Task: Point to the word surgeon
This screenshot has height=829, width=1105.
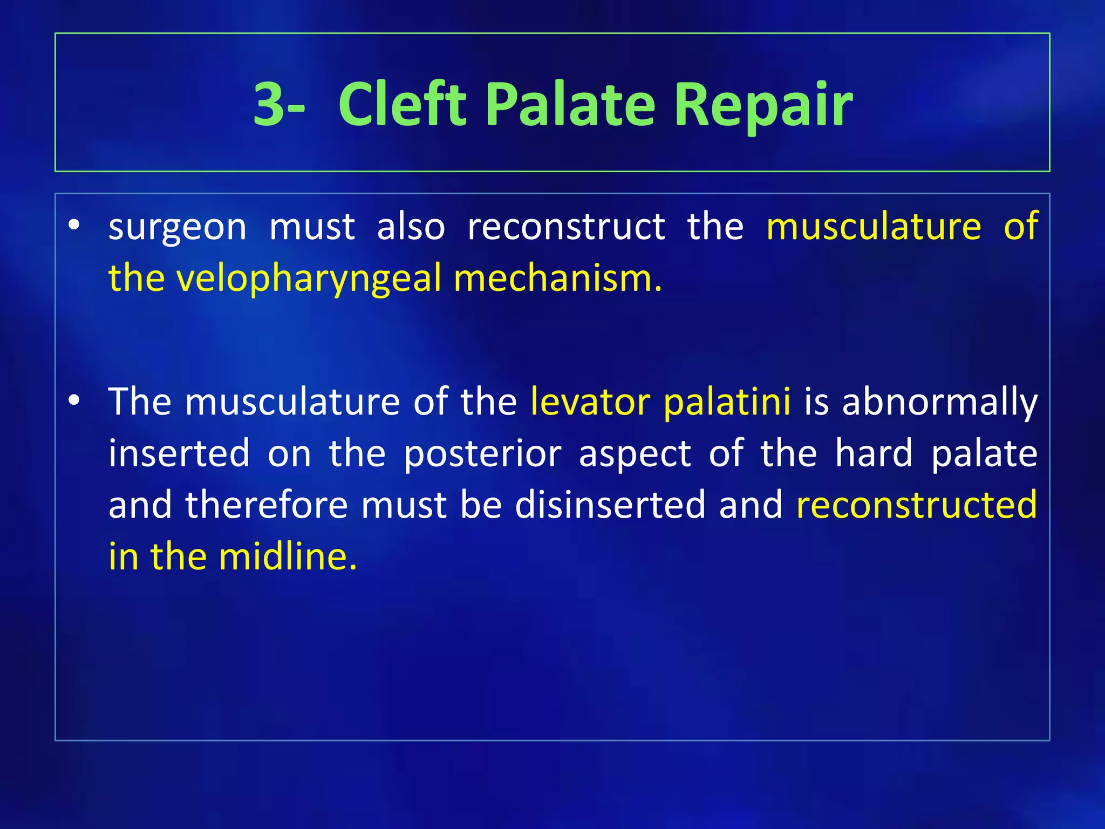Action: click(178, 227)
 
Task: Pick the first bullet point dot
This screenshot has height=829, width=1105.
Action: click(74, 225)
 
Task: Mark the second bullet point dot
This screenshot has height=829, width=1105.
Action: click(74, 400)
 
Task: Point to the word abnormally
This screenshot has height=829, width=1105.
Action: click(939, 402)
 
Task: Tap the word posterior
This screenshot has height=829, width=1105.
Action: click(482, 453)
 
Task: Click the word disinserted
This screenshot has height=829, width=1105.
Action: click(610, 505)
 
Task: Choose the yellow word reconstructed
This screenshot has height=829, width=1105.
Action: click(917, 505)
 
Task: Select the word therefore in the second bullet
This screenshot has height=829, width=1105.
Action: click(267, 505)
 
